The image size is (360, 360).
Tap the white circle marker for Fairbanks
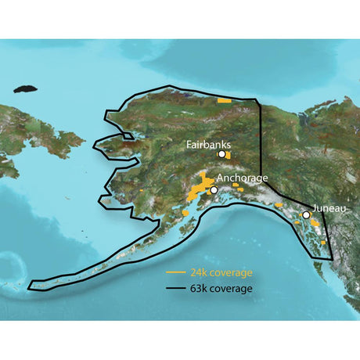[221, 155]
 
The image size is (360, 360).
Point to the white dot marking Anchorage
[214, 189]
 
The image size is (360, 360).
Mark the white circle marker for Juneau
[306, 214]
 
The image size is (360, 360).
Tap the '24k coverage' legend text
[221, 273]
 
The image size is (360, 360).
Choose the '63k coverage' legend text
[221, 287]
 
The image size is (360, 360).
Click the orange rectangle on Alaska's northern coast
[225, 101]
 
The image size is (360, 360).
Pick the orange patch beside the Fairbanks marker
[228, 156]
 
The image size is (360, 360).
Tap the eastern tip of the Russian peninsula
[82, 138]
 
